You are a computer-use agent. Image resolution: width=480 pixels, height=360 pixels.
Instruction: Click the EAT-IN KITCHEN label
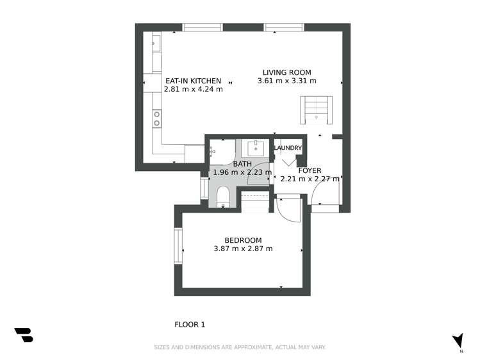pos(193,81)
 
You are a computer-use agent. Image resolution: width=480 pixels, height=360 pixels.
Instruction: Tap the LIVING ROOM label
pos(286,72)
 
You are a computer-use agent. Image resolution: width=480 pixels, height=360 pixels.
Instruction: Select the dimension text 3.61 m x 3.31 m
pos(286,81)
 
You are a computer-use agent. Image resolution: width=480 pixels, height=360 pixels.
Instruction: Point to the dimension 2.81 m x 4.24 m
pos(193,90)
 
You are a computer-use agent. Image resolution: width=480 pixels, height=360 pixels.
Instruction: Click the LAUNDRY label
pos(288,148)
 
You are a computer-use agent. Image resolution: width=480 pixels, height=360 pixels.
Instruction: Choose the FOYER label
pos(310,170)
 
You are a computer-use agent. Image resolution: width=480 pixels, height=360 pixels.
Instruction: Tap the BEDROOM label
pos(243,240)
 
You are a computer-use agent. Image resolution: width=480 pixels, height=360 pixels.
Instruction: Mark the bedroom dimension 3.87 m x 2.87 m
pos(243,249)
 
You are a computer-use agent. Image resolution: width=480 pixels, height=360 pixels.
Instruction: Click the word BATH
pos(242,164)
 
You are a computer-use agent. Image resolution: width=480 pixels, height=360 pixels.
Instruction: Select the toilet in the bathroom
pos(223,196)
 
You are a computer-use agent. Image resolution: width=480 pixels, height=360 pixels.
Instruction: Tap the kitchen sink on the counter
pos(156,44)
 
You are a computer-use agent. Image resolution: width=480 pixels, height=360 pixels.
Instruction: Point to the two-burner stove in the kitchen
pos(156,118)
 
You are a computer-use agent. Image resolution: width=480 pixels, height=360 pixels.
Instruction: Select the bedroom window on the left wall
pos(179,247)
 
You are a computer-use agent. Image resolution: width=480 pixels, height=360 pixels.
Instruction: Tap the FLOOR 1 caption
pos(190,325)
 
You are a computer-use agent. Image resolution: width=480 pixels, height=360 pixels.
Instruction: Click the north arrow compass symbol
pos(458,341)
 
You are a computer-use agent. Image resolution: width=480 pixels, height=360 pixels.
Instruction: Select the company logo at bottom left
pos(24,334)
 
